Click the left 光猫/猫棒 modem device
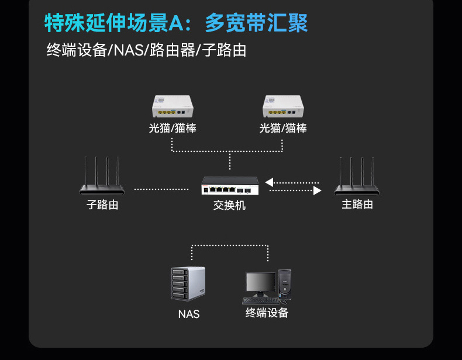coord(173,106)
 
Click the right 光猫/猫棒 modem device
coord(283,106)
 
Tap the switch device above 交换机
coord(230,185)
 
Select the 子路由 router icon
coord(102,176)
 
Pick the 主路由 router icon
coord(357,176)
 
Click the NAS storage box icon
coord(188,283)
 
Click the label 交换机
coord(229,205)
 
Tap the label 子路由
coord(102,205)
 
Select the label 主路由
coord(357,205)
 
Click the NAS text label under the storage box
coord(189,314)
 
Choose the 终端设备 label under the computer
coord(267,313)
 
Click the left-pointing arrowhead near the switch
coord(269,182)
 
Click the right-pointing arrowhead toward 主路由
coord(317,191)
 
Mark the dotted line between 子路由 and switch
coord(161,189)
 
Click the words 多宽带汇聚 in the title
coord(256,23)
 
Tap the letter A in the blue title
coord(176,23)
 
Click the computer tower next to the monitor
coord(285,285)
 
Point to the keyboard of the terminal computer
coord(260,300)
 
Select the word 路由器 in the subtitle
coord(173,50)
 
